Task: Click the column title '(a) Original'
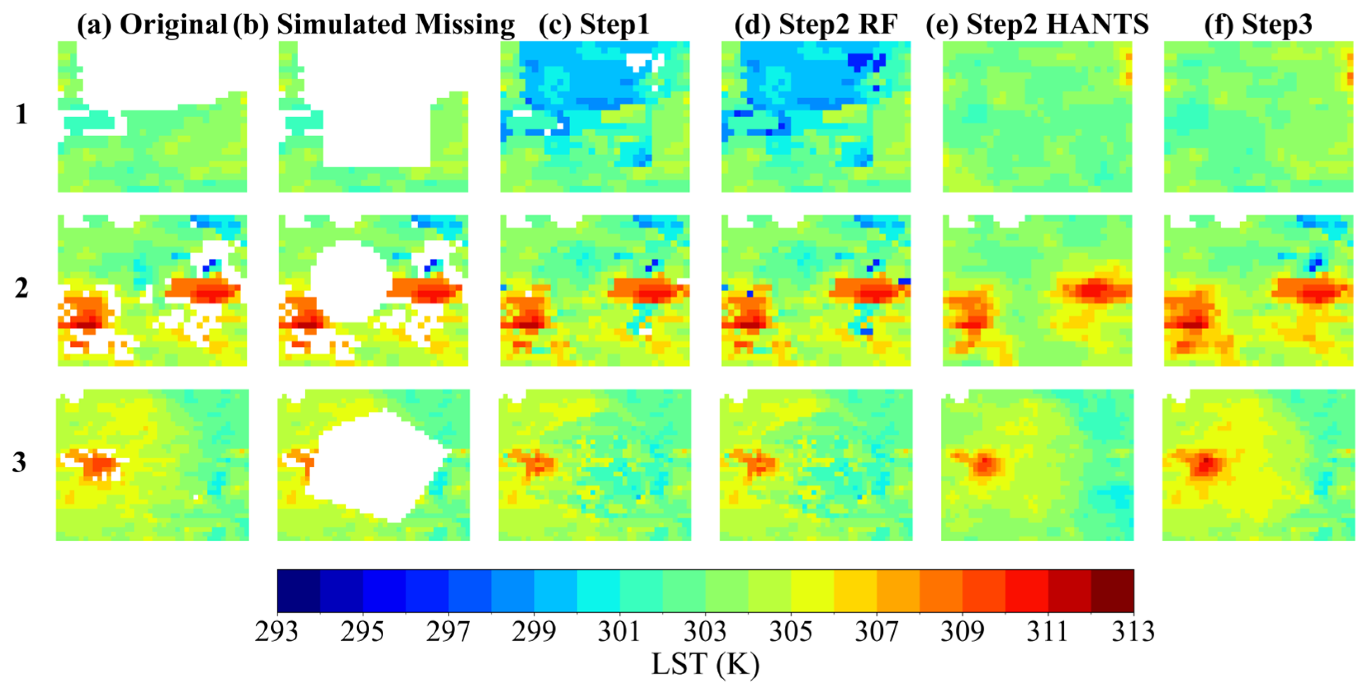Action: (x=152, y=24)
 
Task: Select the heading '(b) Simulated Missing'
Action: (x=374, y=24)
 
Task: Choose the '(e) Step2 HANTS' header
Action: (x=1037, y=24)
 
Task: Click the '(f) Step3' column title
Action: (x=1258, y=24)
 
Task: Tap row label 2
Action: (x=21, y=288)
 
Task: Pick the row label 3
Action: (x=20, y=462)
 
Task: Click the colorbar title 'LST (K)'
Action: (x=705, y=664)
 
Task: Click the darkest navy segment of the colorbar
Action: (x=298, y=590)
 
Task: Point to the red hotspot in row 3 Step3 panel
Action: (x=1206, y=463)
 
